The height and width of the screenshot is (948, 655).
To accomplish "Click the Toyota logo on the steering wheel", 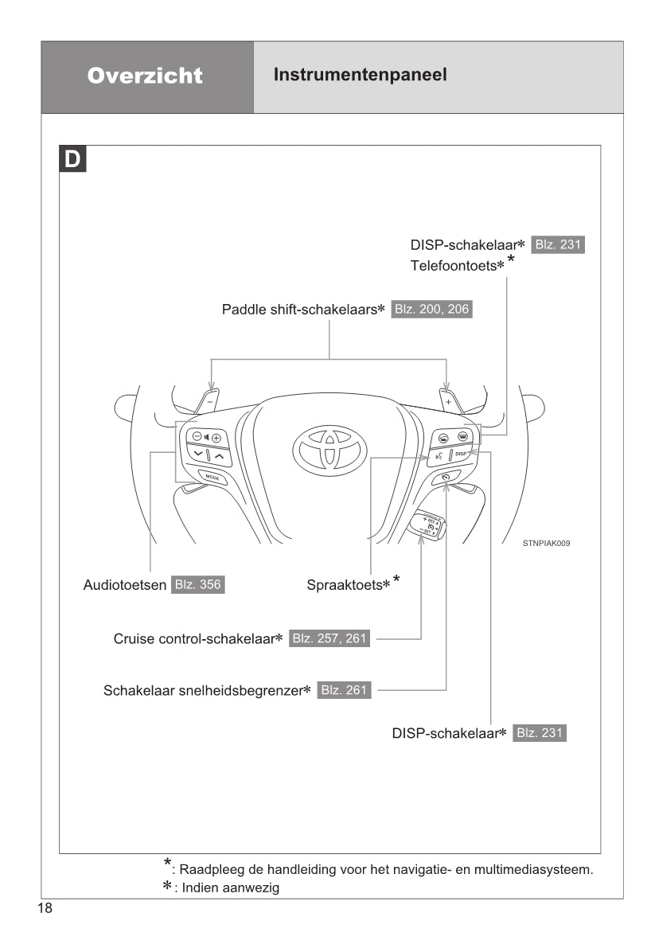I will point(329,447).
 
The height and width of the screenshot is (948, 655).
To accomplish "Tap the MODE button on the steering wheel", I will point(212,478).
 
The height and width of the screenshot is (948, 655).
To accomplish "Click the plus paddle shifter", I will point(448,400).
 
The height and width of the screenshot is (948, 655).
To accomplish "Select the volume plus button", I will point(216,437).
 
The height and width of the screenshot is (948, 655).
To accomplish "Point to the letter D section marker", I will point(72,159).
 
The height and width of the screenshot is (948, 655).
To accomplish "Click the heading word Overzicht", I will point(146,76).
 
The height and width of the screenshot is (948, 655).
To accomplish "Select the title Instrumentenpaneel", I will point(360,75).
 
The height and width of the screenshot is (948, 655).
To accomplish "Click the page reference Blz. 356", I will point(198,585).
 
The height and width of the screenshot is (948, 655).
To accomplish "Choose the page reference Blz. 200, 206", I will point(431,309).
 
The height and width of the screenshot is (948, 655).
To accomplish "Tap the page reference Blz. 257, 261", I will point(329,638).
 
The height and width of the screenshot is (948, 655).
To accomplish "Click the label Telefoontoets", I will point(457,266).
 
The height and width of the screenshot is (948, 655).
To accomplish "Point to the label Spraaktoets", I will point(348,585).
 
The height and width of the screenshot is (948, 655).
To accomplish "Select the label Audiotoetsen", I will point(125,585).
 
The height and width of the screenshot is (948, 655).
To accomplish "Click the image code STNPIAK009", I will point(547,543).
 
